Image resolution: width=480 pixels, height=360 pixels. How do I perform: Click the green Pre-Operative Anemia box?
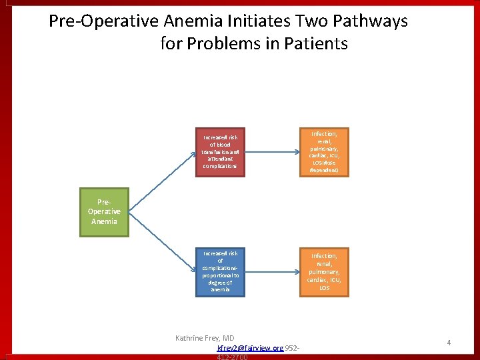[x=104, y=212]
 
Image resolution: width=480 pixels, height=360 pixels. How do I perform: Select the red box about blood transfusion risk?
[x=219, y=151]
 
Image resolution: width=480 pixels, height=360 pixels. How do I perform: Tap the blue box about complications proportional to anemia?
[x=219, y=271]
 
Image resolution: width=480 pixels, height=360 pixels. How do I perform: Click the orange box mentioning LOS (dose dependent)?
[x=324, y=151]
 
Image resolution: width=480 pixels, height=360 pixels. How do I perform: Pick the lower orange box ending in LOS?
[x=324, y=271]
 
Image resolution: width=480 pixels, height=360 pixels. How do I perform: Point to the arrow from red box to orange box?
[x=271, y=151]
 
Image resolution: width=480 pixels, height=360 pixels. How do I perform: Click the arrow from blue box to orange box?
[x=271, y=271]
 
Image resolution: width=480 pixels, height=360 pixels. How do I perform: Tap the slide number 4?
[x=449, y=343]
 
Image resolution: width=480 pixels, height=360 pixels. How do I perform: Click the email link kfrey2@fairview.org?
[x=250, y=348]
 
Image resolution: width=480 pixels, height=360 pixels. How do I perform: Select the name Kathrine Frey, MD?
[x=205, y=338]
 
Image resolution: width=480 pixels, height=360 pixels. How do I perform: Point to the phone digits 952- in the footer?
[x=293, y=348]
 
